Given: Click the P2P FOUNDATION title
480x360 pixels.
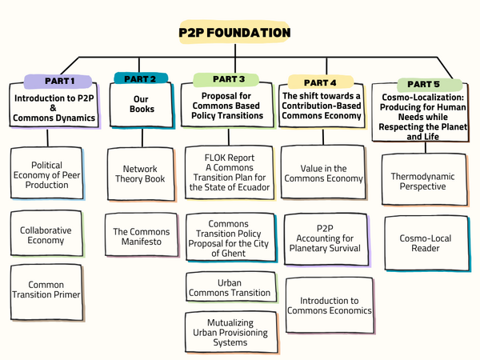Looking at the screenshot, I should tap(234, 33).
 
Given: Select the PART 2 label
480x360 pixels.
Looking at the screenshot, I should tap(141, 78).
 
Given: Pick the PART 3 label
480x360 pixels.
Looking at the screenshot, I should tap(229, 79).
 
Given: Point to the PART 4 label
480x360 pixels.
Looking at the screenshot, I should tap(321, 81).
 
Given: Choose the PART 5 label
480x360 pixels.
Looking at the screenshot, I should tap(418, 83).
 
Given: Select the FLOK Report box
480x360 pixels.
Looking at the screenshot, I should tap(230, 172).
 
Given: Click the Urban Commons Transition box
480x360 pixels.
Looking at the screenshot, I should tap(229, 287).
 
